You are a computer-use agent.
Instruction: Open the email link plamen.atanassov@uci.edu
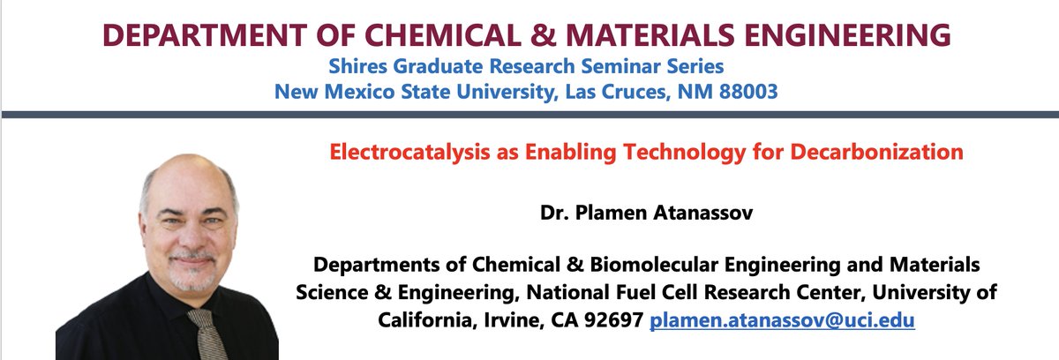pyautogui.click(x=782, y=320)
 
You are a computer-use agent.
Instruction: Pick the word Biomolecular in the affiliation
pyautogui.click(x=635, y=264)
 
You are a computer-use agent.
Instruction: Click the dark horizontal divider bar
pyautogui.click(x=529, y=114)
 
